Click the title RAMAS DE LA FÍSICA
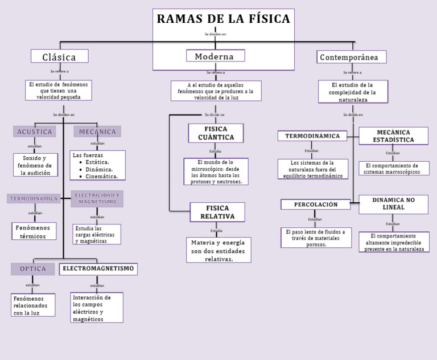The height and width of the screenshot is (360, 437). [223, 19]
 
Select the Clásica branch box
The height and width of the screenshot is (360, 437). [59, 56]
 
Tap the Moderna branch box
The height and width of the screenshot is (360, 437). [215, 56]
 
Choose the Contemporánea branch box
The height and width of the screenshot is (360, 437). [352, 57]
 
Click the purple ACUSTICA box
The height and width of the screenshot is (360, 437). [35, 132]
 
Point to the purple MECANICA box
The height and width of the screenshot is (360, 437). [97, 132]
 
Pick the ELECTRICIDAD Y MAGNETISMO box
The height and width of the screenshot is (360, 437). [97, 198]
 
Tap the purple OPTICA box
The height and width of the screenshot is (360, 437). [33, 269]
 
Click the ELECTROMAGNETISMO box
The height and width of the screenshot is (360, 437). [98, 268]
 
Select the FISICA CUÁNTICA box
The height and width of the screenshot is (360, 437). [216, 133]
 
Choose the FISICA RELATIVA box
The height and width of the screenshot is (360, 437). [217, 212]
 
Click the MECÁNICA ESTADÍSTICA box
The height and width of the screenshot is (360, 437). [393, 136]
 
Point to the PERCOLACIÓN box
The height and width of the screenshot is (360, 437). [315, 204]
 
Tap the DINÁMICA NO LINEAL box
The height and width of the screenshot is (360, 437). [393, 204]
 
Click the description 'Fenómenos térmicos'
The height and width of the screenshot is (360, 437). [34, 231]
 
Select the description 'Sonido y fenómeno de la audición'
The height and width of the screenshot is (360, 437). [35, 165]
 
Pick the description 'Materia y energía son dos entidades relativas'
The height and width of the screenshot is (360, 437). [218, 251]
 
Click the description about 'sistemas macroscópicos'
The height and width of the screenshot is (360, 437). [393, 169]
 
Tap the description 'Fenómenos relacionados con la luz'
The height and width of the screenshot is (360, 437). [33, 305]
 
